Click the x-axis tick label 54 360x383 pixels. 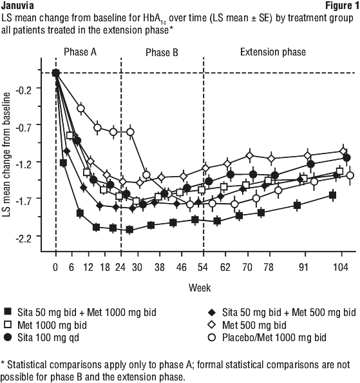click(x=203, y=268)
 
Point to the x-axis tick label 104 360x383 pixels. click(x=341, y=268)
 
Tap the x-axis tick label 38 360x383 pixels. click(x=160, y=268)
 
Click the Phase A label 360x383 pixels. click(x=80, y=52)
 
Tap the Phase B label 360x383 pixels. click(x=162, y=52)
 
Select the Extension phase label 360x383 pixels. click(x=273, y=52)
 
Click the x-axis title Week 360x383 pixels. click(x=200, y=288)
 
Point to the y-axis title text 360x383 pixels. click(x=7, y=154)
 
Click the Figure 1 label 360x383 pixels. click(x=343, y=6)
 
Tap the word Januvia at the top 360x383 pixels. click(x=17, y=6)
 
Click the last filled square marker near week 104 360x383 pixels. click(x=333, y=195)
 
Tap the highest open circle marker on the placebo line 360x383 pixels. click(x=81, y=108)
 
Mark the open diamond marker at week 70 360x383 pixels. click(x=249, y=155)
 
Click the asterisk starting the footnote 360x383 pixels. click(x=3, y=362)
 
